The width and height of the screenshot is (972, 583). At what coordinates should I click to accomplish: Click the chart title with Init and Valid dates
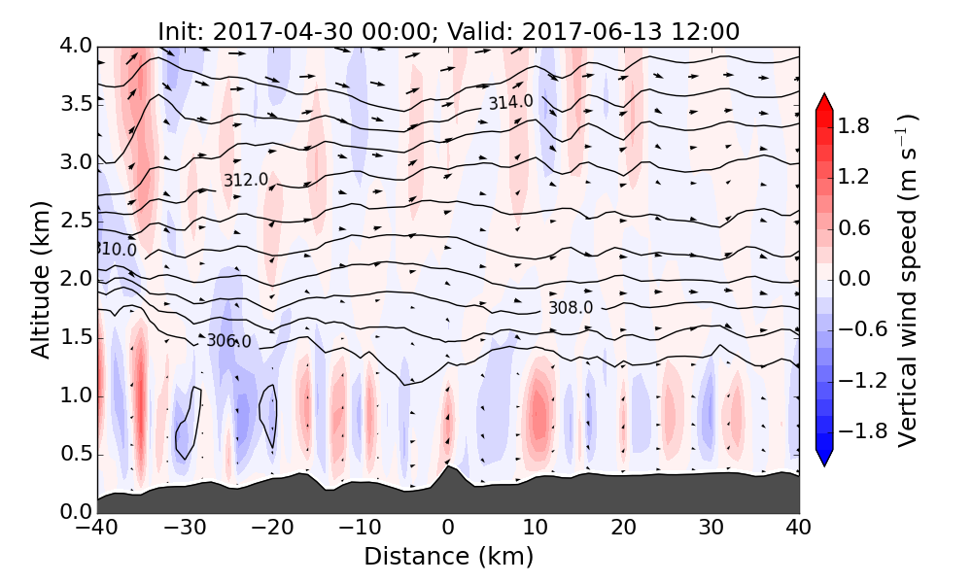tap(448, 31)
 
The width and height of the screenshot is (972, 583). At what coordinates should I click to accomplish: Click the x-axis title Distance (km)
tap(448, 557)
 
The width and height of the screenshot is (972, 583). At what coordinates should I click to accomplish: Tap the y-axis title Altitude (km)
tap(41, 280)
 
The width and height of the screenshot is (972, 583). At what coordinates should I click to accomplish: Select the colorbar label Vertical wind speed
tap(907, 280)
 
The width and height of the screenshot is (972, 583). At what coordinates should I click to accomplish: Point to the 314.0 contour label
tap(510, 102)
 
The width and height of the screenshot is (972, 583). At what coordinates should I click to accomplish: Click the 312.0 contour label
tap(246, 180)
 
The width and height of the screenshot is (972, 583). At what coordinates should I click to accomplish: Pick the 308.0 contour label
tap(571, 308)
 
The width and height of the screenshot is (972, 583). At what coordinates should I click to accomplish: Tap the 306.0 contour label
tap(228, 341)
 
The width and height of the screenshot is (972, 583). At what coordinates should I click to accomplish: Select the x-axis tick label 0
tap(448, 530)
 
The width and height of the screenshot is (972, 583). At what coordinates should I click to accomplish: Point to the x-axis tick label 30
tap(712, 530)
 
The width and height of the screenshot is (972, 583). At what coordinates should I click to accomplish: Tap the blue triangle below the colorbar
tap(824, 458)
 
